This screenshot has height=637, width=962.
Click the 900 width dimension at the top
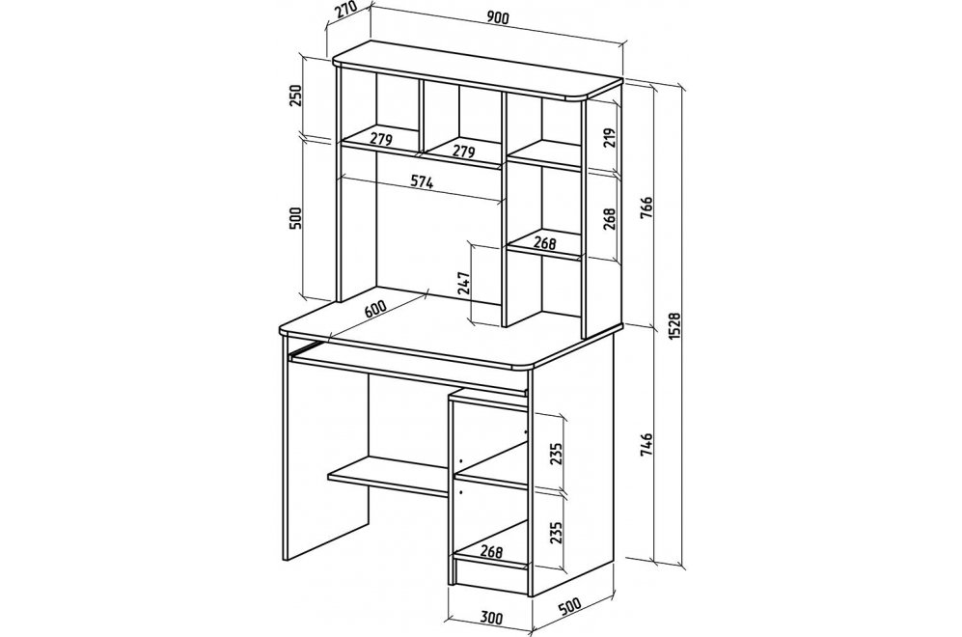[498, 19]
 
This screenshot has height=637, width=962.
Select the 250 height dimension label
[295, 96]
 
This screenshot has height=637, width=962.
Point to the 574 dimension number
[422, 181]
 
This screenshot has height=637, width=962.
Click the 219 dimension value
[609, 140]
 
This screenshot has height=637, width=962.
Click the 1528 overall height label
[675, 326]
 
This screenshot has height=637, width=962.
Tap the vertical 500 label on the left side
[295, 219]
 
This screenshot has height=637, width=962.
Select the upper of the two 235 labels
[556, 455]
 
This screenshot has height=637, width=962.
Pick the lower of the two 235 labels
[556, 533]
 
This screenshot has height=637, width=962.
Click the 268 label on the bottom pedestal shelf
[492, 551]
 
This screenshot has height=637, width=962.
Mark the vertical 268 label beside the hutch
[609, 218]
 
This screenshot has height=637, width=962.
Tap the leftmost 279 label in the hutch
[380, 139]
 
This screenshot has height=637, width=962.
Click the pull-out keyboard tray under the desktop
[408, 367]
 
